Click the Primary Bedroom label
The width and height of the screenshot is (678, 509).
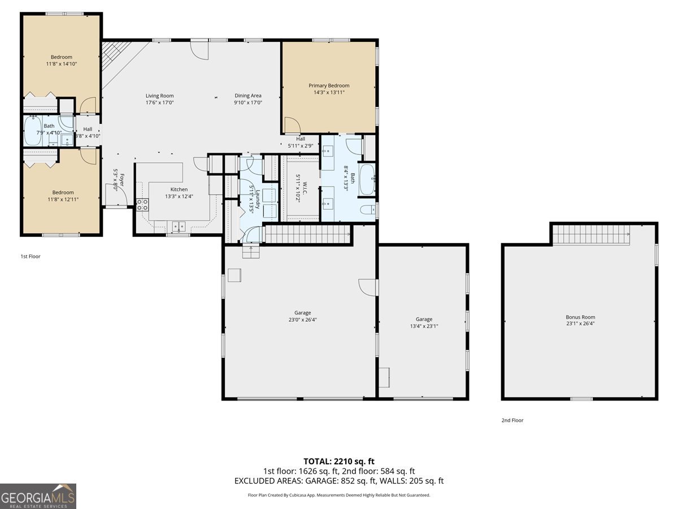[329, 85]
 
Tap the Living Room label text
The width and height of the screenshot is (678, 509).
[159, 96]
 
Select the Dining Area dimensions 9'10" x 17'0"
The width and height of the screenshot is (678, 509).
[247, 103]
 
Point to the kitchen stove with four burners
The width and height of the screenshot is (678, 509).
[142, 205]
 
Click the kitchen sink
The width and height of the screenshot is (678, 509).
[179, 226]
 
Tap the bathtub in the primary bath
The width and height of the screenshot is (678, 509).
[367, 179]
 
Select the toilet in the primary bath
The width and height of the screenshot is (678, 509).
[368, 210]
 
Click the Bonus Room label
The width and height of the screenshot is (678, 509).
[580, 317]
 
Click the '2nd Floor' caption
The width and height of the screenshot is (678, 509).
[512, 420]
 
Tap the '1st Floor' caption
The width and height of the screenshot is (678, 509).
[31, 256]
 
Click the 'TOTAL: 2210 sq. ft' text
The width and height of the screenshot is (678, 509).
[339, 461]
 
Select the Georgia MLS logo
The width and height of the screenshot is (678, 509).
[38, 496]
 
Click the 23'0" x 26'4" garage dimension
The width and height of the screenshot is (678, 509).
[302, 320]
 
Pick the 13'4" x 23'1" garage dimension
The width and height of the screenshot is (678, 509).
[424, 326]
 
